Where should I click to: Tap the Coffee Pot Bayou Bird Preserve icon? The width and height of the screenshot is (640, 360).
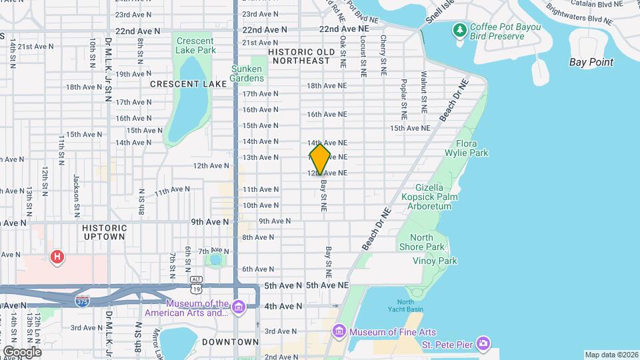pyautogui.click(x=459, y=30)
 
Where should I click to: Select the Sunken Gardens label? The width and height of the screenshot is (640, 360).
pyautogui.click(x=248, y=73)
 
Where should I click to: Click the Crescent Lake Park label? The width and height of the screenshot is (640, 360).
pyautogui.click(x=195, y=45)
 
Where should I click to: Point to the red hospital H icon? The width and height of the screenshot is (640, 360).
pyautogui.click(x=58, y=257)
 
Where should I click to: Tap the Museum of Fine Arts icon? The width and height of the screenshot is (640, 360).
pyautogui.click(x=340, y=331)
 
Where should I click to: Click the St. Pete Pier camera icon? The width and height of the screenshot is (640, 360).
pyautogui.click(x=485, y=343)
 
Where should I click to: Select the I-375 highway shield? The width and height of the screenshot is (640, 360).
pyautogui.click(x=83, y=301)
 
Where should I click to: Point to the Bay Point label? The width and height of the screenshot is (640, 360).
pyautogui.click(x=591, y=62)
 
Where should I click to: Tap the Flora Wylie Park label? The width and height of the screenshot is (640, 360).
pyautogui.click(x=471, y=148)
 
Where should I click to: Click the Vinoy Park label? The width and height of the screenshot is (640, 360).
pyautogui.click(x=435, y=261)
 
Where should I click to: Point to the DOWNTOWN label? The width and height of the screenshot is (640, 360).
pyautogui.click(x=231, y=342)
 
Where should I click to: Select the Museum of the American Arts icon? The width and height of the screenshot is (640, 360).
pyautogui.click(x=239, y=307)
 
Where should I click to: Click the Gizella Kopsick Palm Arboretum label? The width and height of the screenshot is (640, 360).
pyautogui.click(x=427, y=197)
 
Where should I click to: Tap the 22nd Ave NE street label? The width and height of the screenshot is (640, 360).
pyautogui.click(x=344, y=30)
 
